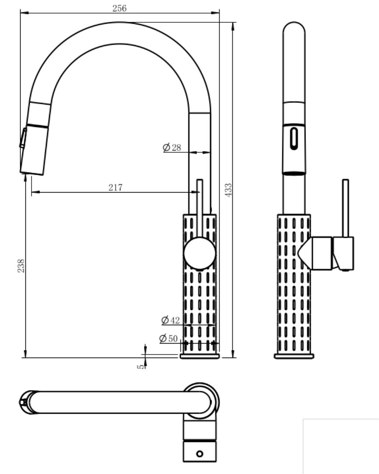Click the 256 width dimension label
pos(119,8)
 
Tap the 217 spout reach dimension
pos(116,188)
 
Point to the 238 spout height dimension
pos(21,266)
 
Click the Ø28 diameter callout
pos(172,147)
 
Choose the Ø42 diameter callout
pos(171,320)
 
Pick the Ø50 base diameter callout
pos(168,338)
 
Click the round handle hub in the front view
pos(200,253)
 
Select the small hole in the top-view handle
pos(200,453)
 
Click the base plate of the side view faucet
pos(294,356)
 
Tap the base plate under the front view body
pos(200,356)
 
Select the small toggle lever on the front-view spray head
pos(22,138)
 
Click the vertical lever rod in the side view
pos(345,208)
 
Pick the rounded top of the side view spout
pos(294,31)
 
